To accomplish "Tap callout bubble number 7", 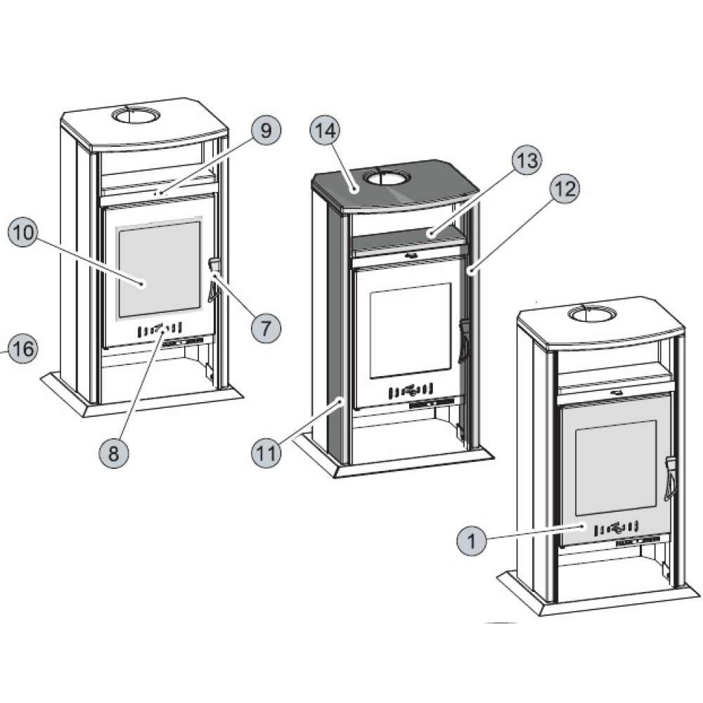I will [x=266, y=327].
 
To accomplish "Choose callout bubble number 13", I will [x=527, y=161].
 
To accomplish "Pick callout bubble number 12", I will [x=565, y=189].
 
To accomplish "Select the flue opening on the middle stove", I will [x=384, y=176].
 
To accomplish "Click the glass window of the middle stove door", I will [x=411, y=330].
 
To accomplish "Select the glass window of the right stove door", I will [x=617, y=467].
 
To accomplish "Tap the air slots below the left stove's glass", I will [x=160, y=328].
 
